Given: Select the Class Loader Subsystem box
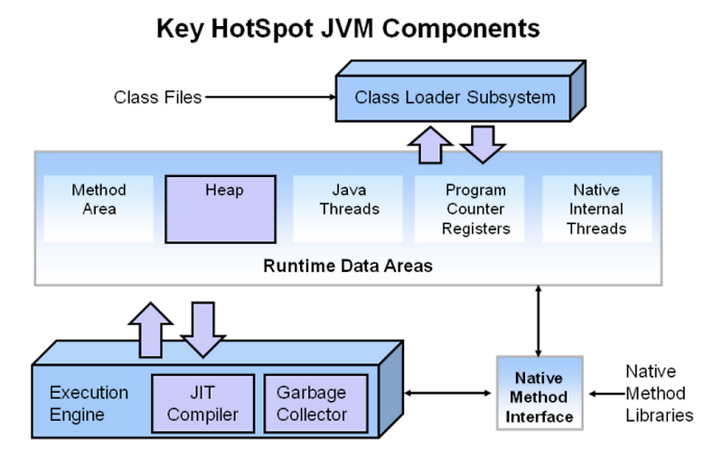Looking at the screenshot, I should coord(455,97).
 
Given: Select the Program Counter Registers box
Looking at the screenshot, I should coord(475,209).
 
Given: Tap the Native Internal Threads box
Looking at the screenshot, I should coord(596,209).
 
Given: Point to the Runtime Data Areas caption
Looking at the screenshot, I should coord(349,266).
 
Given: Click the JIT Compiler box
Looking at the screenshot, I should coord(203,403).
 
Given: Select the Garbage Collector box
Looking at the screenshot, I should coord(312,403).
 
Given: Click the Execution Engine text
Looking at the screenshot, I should coord(89,404).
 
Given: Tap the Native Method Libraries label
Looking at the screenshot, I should coord(656,394).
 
